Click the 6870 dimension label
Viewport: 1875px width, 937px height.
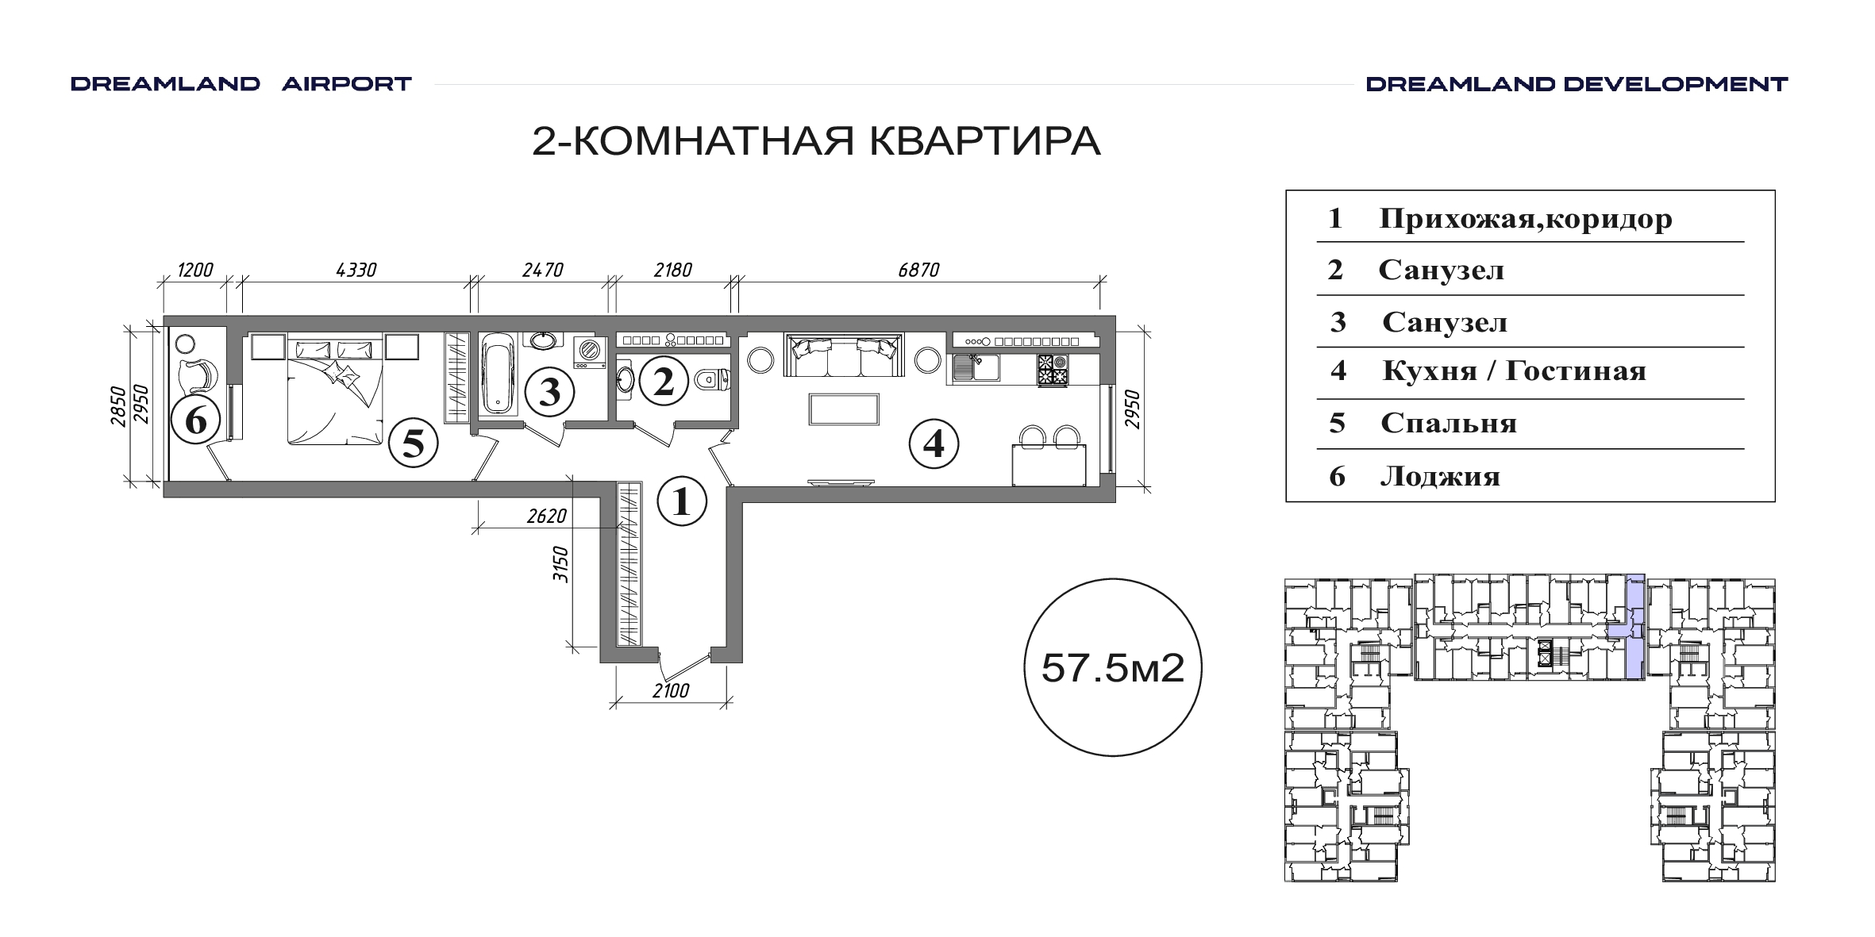pyautogui.click(x=918, y=270)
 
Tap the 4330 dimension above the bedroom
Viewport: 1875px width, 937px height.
pyautogui.click(x=356, y=270)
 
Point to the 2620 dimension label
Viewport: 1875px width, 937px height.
pyautogui.click(x=547, y=517)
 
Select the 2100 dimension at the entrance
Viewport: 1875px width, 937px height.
pyautogui.click(x=671, y=691)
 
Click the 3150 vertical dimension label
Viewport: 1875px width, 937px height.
pyautogui.click(x=561, y=565)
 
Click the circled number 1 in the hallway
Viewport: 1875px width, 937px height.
pyautogui.click(x=682, y=501)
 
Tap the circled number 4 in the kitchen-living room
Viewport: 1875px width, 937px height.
pyautogui.click(x=934, y=444)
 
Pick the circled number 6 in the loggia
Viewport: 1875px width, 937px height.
pyautogui.click(x=196, y=420)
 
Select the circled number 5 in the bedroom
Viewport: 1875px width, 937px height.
pyautogui.click(x=414, y=442)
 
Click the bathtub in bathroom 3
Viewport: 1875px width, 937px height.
pyautogui.click(x=498, y=373)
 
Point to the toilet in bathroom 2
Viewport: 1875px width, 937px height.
pyautogui.click(x=712, y=381)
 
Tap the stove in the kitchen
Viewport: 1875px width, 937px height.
pyautogui.click(x=1053, y=370)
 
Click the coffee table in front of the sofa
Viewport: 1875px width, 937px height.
pyautogui.click(x=844, y=409)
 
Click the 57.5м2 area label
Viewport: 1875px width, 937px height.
pyautogui.click(x=1113, y=668)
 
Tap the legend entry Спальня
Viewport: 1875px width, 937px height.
pyautogui.click(x=1449, y=423)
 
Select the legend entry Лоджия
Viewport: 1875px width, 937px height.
pyautogui.click(x=1440, y=476)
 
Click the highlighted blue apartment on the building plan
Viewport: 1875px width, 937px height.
pyautogui.click(x=1631, y=627)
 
